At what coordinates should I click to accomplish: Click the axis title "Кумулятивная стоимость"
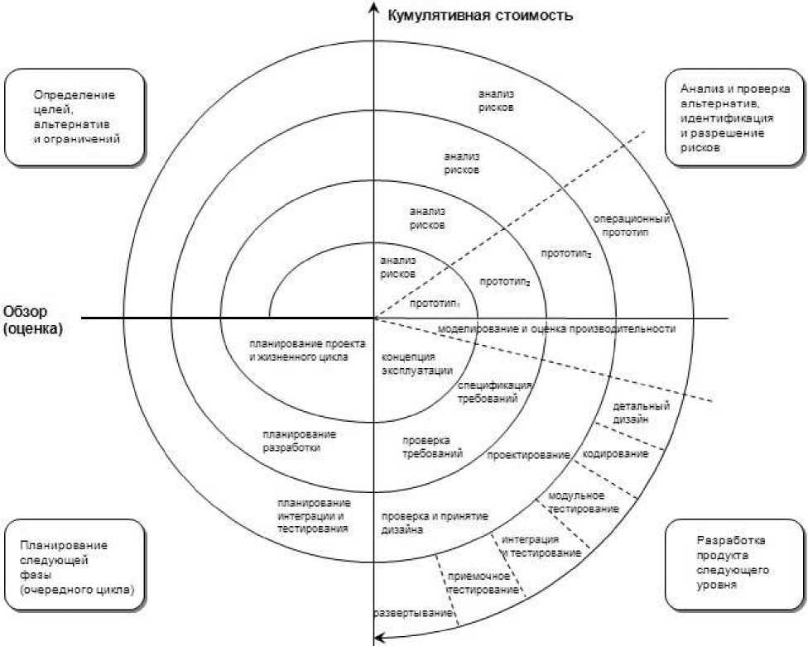click(x=480, y=15)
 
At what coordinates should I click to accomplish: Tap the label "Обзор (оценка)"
click(x=33, y=319)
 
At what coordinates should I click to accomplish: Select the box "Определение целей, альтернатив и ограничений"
click(x=75, y=118)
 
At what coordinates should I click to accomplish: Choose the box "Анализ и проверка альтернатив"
click(x=734, y=118)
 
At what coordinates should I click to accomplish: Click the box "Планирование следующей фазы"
click(x=75, y=565)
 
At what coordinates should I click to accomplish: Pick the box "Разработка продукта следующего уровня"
click(x=734, y=565)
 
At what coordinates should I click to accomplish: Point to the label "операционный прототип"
click(x=631, y=226)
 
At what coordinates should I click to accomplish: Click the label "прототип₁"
click(x=435, y=304)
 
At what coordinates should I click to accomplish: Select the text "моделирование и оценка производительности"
click(x=556, y=329)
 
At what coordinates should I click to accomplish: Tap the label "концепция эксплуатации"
click(x=417, y=364)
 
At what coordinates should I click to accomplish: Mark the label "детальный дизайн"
click(x=641, y=412)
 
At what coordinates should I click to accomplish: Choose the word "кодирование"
click(x=615, y=454)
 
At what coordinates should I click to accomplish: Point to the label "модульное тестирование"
click(x=584, y=502)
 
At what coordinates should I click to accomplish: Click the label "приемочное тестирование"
click(x=483, y=583)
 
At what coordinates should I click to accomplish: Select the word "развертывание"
click(x=413, y=614)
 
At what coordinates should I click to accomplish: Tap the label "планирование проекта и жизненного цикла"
click(x=308, y=351)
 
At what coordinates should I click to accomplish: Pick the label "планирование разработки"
click(x=300, y=441)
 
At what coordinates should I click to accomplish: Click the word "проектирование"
click(x=529, y=455)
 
